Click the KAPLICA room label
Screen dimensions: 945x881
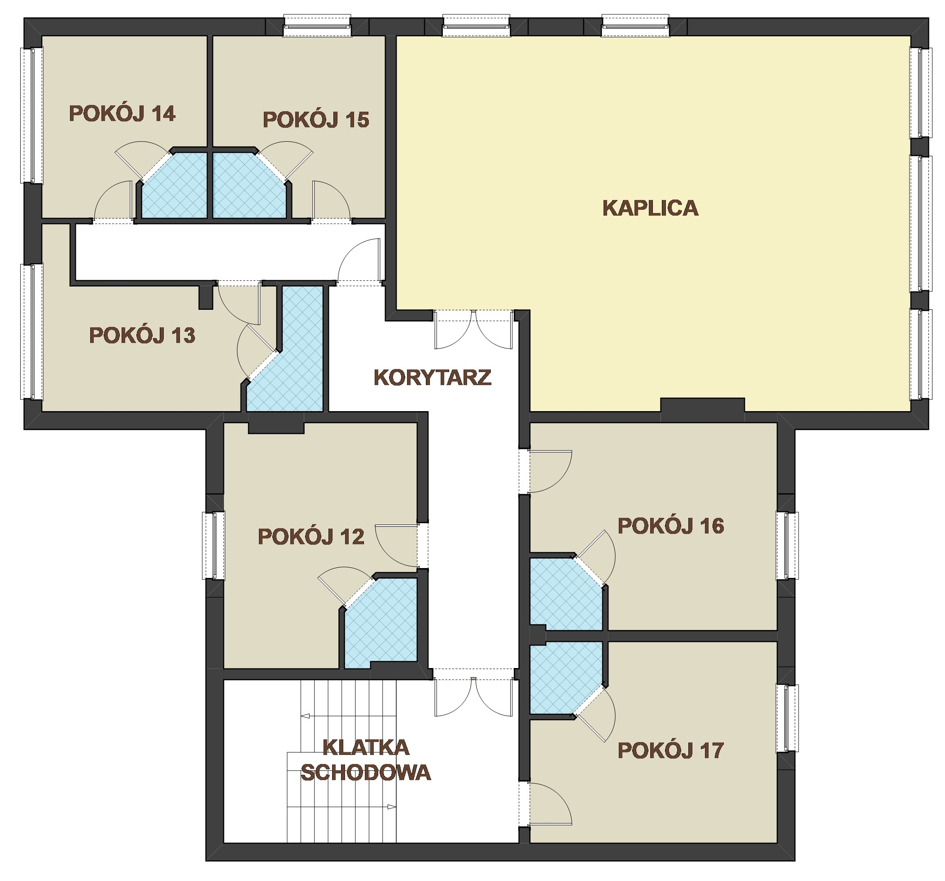coord(650,208)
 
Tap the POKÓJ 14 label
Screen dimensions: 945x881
coord(122,113)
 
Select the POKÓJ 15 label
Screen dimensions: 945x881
coord(315,120)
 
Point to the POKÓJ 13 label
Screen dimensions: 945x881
coord(142,335)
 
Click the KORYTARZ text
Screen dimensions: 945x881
coord(432,378)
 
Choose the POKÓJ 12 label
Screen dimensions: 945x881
coord(311,537)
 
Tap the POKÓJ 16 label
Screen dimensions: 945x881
coord(671,526)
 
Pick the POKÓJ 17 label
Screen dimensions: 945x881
coord(671,751)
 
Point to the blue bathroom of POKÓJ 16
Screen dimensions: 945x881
coord(565,594)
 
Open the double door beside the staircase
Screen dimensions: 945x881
coord(473,697)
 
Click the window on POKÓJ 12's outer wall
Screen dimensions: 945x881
coord(214,545)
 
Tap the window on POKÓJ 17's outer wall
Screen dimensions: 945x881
coord(787,718)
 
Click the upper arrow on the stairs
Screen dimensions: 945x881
coord(349,716)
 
